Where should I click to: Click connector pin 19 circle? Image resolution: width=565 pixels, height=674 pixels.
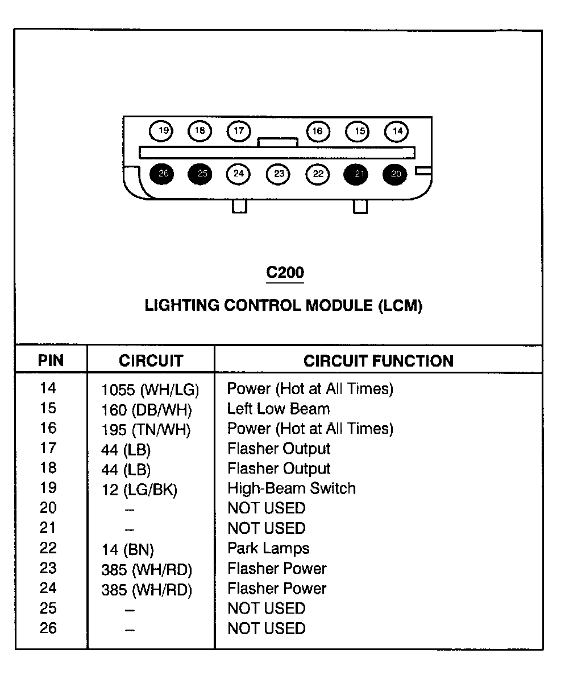tap(161, 131)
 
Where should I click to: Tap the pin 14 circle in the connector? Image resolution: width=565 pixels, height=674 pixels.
tap(396, 131)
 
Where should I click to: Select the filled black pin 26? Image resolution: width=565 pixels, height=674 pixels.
tap(162, 174)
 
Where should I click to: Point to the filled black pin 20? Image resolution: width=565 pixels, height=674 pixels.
tap(395, 174)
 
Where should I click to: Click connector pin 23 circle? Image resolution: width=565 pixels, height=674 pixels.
tap(278, 174)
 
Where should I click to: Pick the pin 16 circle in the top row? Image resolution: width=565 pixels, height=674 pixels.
tap(318, 131)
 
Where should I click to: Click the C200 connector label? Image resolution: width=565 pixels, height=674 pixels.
tap(285, 272)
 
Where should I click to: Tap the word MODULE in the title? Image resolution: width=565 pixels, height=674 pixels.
tap(339, 306)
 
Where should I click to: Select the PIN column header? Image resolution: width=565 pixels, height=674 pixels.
tap(51, 360)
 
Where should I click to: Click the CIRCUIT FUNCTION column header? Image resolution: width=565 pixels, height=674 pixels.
tap(378, 361)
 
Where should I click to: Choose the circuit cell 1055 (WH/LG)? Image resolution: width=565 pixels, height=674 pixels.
tap(150, 390)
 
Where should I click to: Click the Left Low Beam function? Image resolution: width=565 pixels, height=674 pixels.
tap(278, 409)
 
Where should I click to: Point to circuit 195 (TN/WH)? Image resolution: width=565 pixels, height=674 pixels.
tap(146, 430)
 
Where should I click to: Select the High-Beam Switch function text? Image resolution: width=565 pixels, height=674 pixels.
tap(292, 488)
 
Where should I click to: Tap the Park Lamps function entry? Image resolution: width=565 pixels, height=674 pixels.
tap(268, 549)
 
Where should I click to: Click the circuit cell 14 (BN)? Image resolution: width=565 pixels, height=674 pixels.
tap(127, 550)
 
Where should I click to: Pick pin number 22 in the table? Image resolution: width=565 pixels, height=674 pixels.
tap(48, 548)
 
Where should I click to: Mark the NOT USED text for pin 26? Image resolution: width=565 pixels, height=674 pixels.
tap(267, 628)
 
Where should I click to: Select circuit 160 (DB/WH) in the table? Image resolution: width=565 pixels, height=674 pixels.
tap(147, 410)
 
